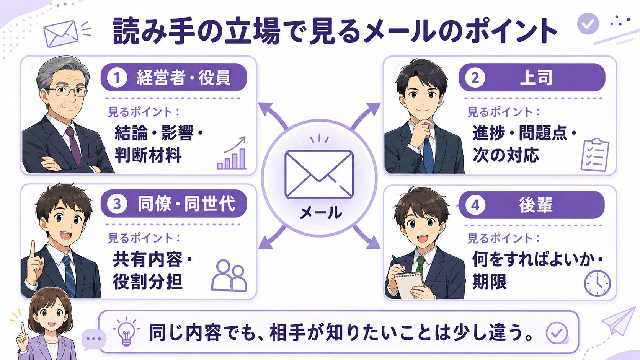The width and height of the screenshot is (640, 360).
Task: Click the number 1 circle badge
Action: (x=117, y=78)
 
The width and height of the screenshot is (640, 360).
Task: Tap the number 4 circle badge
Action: (x=475, y=205)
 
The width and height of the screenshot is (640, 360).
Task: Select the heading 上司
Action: (x=536, y=78)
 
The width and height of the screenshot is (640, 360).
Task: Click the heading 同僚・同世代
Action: (x=186, y=204)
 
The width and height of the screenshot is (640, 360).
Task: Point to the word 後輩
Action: (x=536, y=205)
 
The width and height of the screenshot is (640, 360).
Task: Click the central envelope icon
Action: (x=319, y=174)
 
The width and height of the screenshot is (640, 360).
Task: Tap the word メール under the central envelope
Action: (x=320, y=213)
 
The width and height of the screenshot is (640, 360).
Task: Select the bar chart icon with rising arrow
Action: (x=232, y=153)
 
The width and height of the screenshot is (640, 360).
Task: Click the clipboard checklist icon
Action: (x=595, y=155)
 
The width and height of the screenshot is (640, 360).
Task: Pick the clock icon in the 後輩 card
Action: (x=597, y=283)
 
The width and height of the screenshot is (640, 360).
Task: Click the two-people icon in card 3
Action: (x=229, y=275)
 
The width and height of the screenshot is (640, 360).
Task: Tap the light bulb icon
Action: (x=126, y=332)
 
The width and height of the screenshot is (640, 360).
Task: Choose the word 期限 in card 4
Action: (x=490, y=282)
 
